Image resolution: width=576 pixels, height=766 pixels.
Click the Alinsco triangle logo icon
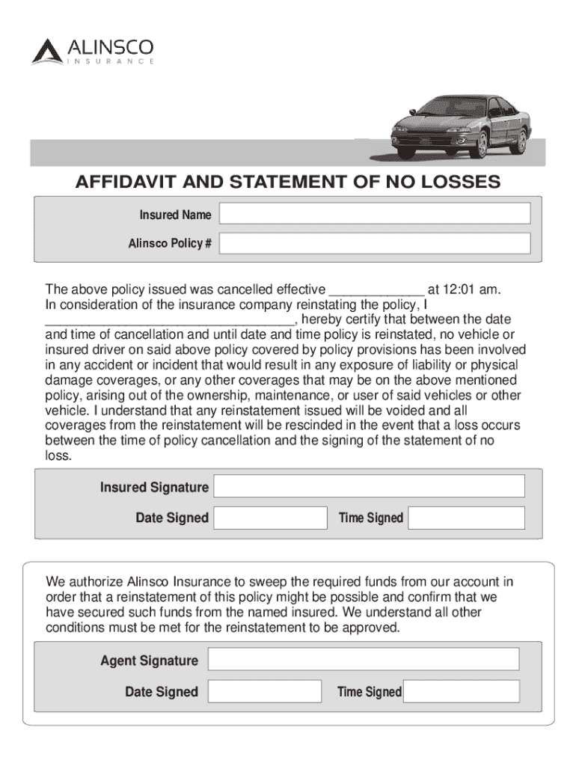pos(48,51)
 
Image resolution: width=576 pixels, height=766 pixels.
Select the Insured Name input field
pos(375,214)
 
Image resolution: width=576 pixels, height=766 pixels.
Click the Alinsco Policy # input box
pos(375,243)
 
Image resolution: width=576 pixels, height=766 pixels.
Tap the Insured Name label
pos(175,215)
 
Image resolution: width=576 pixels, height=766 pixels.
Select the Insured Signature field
pos(369,486)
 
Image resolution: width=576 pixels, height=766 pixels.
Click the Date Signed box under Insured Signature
pos(270,518)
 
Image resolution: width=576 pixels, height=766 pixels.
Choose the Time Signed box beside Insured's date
pos(466,518)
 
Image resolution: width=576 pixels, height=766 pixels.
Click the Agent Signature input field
pos(363,659)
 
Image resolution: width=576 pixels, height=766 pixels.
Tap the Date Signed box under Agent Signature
pos(264,691)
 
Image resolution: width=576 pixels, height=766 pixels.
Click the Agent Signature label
pos(150,661)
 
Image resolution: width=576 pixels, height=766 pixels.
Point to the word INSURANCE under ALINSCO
pos(111,61)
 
